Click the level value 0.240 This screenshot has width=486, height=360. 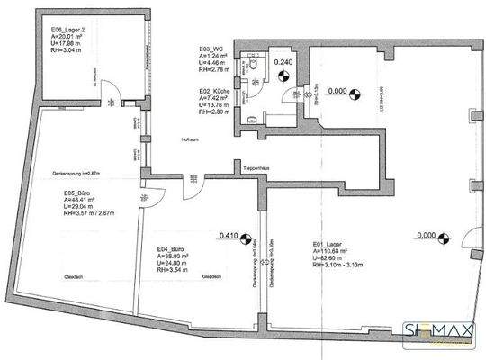[284, 62]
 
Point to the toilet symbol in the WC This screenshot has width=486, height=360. [258, 64]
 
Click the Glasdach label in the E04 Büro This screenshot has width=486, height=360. [212, 276]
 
